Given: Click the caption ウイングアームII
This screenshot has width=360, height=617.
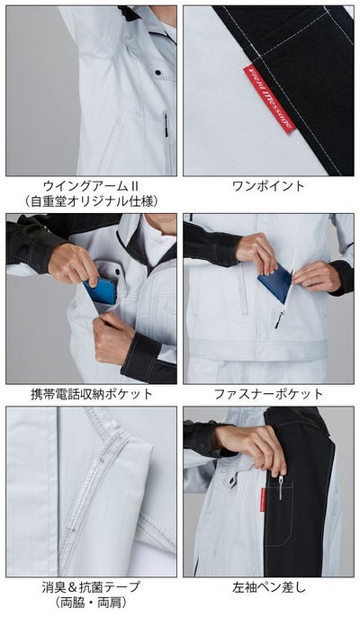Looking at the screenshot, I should pyautogui.click(x=90, y=186).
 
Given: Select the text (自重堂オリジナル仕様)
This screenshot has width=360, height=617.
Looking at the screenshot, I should pyautogui.click(x=90, y=201).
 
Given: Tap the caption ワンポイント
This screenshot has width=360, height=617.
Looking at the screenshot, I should pyautogui.click(x=269, y=186).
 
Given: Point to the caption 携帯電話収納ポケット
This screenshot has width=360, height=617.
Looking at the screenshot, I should pyautogui.click(x=90, y=394).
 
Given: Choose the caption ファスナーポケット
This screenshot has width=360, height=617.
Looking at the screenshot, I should pyautogui.click(x=269, y=394).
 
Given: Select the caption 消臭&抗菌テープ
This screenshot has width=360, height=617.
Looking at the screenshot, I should pyautogui.click(x=90, y=587).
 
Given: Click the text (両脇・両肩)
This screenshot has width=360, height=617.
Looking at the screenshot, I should pyautogui.click(x=90, y=603).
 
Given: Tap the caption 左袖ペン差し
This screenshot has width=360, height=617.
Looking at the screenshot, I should pyautogui.click(x=269, y=587).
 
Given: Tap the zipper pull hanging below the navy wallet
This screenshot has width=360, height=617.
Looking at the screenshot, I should pyautogui.click(x=278, y=317).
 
